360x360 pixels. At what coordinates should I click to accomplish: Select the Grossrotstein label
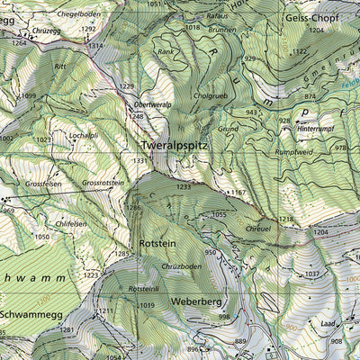pos(102,183)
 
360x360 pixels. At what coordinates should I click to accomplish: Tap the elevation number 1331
pos(139,161)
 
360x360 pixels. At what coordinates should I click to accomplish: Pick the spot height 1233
pos(184,186)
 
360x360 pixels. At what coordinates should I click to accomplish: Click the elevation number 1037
pos(312,274)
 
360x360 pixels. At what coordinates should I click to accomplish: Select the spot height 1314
pos(94,45)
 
